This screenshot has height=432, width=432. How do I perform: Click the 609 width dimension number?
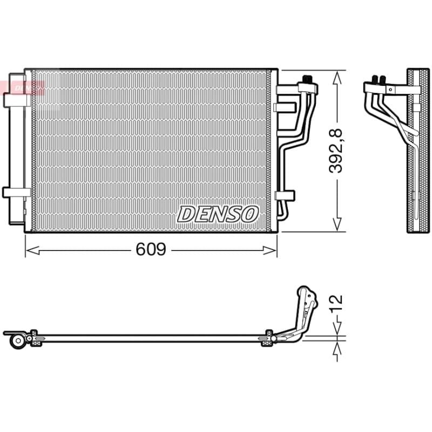(151, 249)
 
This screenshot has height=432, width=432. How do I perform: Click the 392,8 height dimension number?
(335, 151)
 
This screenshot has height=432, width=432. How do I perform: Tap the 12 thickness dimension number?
(336, 303)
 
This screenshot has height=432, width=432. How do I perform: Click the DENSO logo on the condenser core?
(218, 214)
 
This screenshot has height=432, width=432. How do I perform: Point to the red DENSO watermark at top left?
(23, 87)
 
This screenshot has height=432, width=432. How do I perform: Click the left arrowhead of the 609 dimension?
(32, 251)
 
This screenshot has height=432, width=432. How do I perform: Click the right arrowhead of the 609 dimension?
(269, 251)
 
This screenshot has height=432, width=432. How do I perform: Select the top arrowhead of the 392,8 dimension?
(337, 77)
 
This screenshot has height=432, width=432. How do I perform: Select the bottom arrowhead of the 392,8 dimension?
(337, 225)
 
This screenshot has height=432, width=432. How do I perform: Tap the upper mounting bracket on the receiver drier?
(17, 100)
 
